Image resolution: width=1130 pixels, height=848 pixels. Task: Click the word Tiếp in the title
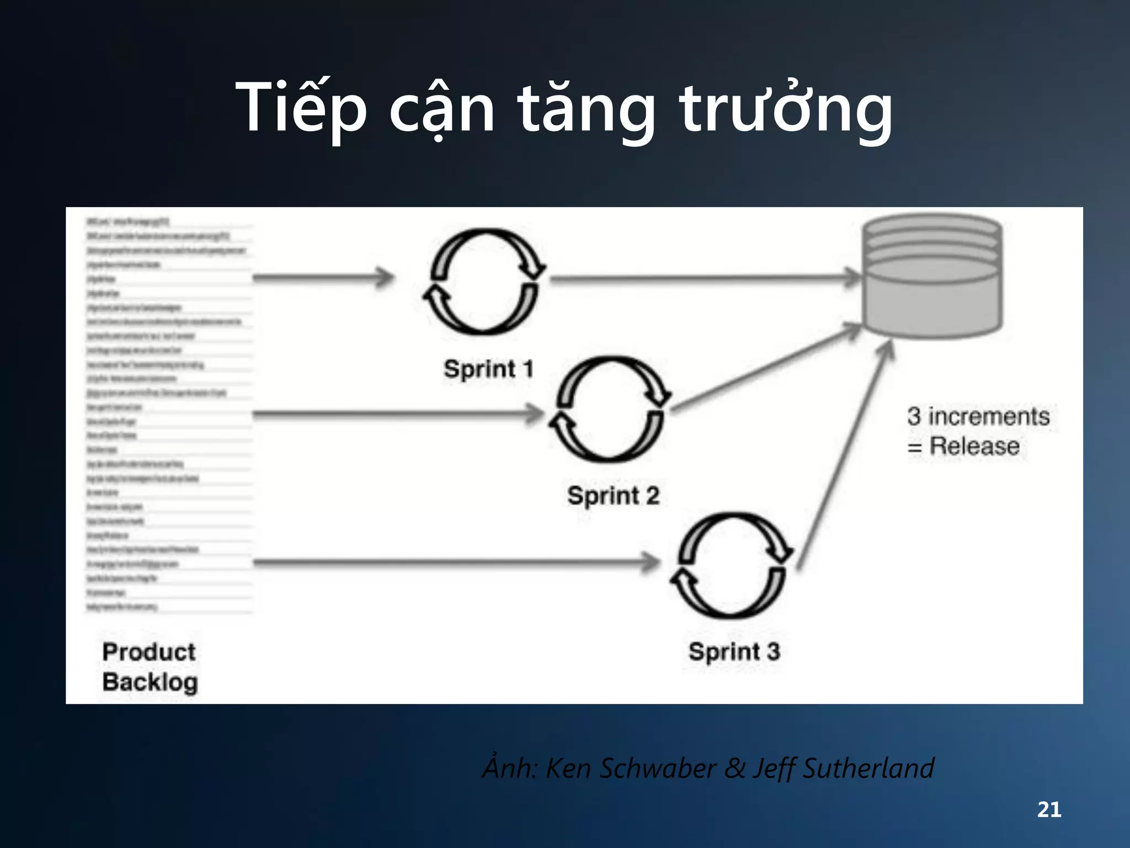tap(301, 108)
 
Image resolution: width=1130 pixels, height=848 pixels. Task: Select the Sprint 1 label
tap(489, 369)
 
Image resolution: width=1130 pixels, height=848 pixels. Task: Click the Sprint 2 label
tap(614, 495)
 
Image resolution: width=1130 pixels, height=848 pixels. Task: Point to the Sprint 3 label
tap(734, 651)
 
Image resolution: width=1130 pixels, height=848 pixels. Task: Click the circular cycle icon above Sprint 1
tap(484, 282)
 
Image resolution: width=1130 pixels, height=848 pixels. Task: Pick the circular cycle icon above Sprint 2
tap(609, 409)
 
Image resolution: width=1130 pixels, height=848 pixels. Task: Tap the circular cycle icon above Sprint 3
tap(732, 565)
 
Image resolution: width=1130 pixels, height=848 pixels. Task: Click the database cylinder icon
tap(932, 276)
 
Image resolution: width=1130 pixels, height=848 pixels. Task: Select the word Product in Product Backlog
tap(149, 652)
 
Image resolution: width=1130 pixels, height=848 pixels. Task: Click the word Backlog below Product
tap(150, 682)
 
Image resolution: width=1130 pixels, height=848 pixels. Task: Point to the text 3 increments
tap(978, 416)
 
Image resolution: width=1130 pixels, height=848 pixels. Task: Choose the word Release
tap(974, 446)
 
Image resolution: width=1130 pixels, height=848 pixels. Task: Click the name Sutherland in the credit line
tap(868, 768)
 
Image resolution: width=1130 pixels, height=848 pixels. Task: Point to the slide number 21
tap(1049, 809)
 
